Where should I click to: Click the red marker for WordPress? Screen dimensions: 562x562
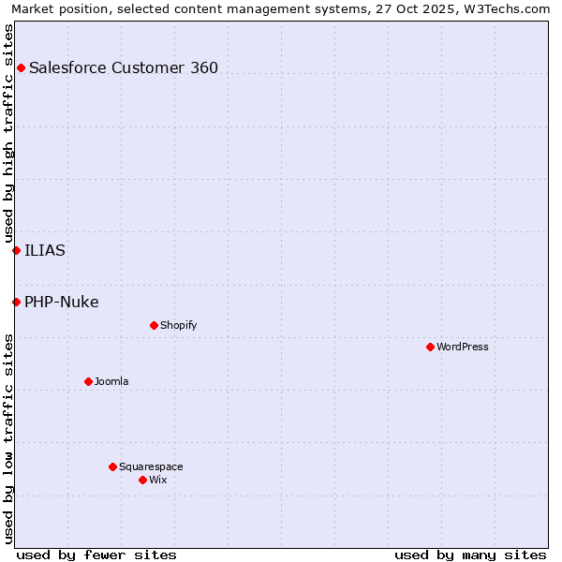[430, 347]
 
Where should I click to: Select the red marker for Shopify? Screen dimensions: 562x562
[154, 325]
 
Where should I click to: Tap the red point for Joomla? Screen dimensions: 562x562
[88, 381]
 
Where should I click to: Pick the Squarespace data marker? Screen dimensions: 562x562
[112, 466]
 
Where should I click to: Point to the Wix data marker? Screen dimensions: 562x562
[142, 480]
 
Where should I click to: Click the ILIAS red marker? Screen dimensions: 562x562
[16, 250]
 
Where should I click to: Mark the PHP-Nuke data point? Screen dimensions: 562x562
[16, 302]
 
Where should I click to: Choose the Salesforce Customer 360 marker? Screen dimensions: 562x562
[21, 67]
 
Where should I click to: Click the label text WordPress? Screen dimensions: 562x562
[463, 347]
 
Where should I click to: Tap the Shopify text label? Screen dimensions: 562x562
[178, 325]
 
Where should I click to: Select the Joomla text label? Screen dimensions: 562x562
[111, 381]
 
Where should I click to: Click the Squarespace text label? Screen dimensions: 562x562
[151, 466]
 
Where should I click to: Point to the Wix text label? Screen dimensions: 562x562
[157, 480]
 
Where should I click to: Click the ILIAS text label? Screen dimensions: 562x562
[45, 250]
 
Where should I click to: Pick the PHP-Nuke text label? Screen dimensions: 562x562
[62, 302]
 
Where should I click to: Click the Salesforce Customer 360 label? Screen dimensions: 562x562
[124, 67]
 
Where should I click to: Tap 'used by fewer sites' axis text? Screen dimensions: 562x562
[96, 555]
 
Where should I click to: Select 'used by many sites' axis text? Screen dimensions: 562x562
[470, 555]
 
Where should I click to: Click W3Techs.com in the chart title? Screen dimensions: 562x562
[507, 8]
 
